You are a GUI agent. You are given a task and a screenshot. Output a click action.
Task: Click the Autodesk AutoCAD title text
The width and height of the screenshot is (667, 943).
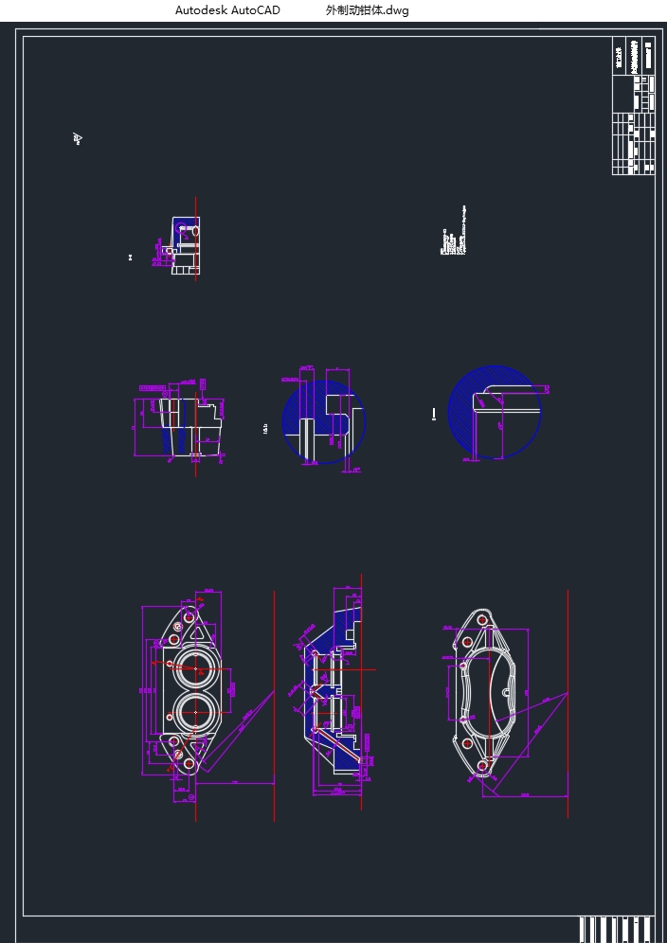point(227,10)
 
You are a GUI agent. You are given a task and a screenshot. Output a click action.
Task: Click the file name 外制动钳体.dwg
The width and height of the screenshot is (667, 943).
point(367,10)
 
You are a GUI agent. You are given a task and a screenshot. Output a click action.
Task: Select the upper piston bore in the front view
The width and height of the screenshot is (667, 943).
point(195,667)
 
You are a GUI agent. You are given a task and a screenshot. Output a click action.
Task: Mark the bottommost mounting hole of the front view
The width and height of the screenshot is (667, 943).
point(189,763)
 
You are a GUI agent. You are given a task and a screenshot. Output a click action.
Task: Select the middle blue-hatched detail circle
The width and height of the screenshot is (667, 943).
point(324,422)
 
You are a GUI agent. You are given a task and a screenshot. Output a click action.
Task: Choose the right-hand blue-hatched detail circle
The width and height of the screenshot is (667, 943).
point(494,413)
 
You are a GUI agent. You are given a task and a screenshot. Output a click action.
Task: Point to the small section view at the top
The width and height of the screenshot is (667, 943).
point(186,245)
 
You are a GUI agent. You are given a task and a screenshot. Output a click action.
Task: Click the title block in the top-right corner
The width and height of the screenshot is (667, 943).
point(633,106)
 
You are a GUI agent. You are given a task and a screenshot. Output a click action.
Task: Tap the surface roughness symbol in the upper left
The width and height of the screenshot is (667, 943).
point(78,139)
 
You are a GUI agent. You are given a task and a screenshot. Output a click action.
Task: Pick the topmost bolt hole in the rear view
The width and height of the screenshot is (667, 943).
point(482,619)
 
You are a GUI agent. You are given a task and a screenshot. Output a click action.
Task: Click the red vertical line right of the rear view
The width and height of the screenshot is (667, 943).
point(568,701)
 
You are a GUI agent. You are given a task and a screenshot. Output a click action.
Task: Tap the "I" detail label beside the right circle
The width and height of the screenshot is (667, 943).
point(434,414)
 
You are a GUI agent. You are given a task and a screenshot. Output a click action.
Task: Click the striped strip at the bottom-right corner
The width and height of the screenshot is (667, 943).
point(616,929)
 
